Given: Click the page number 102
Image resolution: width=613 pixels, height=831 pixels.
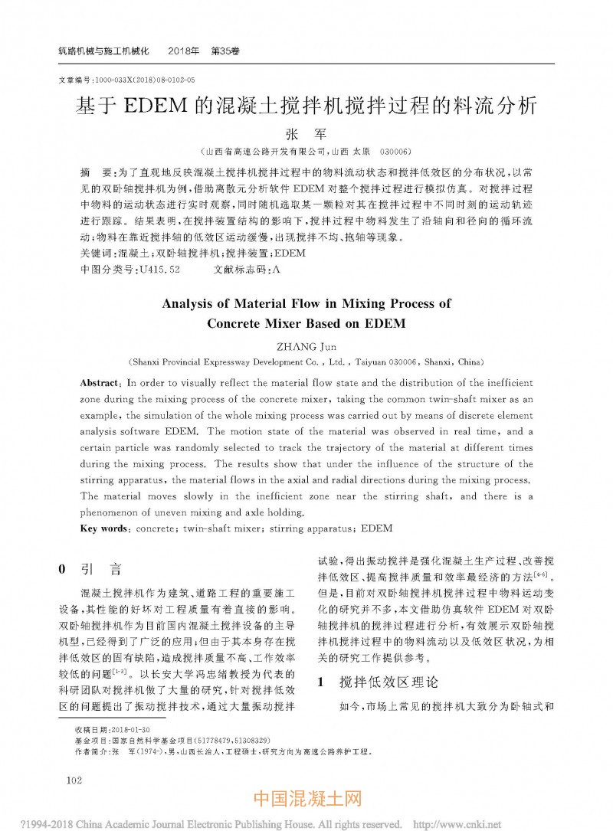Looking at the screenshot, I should (74, 780).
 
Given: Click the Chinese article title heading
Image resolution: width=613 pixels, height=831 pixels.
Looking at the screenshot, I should (306, 106).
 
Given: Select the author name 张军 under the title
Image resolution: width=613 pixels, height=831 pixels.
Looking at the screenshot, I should (306, 135).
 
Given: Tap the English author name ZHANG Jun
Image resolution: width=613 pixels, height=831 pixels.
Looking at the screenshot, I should (306, 346).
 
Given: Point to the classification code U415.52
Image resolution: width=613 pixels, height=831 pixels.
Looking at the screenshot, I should (157, 270).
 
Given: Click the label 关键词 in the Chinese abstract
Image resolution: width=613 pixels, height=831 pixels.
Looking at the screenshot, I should (95, 254).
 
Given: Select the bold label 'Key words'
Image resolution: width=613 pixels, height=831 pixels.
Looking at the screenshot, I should (103, 528).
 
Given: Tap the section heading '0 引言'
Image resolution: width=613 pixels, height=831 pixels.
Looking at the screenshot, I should (90, 569).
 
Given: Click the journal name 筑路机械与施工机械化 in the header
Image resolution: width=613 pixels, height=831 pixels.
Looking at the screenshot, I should (108, 51).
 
